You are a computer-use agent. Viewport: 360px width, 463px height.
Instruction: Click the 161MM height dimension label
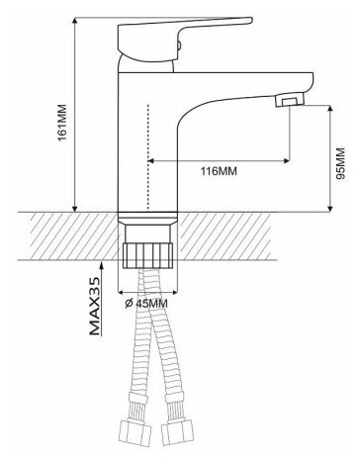click(62, 123)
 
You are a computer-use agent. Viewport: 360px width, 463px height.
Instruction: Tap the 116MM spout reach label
click(219, 171)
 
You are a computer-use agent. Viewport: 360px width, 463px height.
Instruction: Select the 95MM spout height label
click(340, 163)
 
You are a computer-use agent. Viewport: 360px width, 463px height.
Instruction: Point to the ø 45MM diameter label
click(146, 304)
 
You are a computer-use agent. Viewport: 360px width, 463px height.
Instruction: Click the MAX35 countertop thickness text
click(94, 306)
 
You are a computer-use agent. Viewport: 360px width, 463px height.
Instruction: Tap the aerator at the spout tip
click(290, 99)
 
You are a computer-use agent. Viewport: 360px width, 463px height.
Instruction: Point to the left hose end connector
click(135, 432)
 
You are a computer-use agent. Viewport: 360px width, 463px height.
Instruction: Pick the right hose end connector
click(176, 432)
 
